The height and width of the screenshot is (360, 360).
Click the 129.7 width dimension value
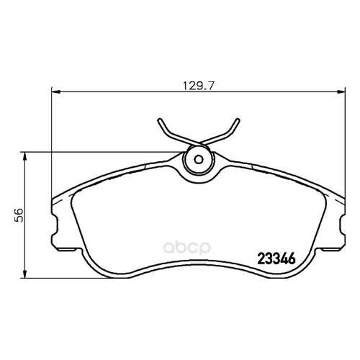pyautogui.click(x=198, y=86)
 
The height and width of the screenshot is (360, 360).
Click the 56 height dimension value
pyautogui.click(x=18, y=215)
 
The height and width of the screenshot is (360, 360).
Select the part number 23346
pyautogui.click(x=276, y=259)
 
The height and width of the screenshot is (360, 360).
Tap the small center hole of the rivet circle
pyautogui.click(x=199, y=159)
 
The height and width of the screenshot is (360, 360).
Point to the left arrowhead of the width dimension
pyautogui.click(x=55, y=91)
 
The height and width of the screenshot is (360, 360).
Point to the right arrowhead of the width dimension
pyautogui.click(x=341, y=91)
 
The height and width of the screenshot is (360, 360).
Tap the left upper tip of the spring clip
pyautogui.click(x=159, y=120)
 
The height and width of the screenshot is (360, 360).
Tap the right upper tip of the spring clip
pyautogui.click(x=238, y=120)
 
